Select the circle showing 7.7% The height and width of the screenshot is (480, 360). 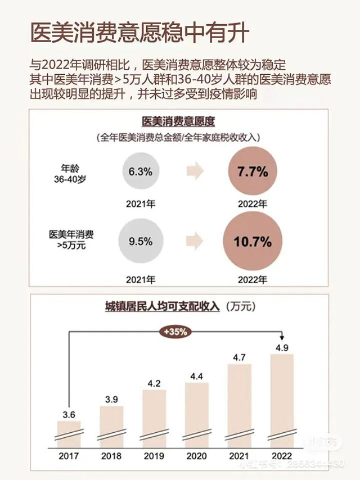[x=253, y=173]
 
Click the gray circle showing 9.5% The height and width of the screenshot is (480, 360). [x=140, y=242]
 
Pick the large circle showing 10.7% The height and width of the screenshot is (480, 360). [x=253, y=242]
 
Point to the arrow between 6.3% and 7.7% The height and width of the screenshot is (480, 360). [x=195, y=172]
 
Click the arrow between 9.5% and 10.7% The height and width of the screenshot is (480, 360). [x=195, y=242]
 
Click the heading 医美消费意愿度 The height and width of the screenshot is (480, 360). [x=180, y=120]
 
